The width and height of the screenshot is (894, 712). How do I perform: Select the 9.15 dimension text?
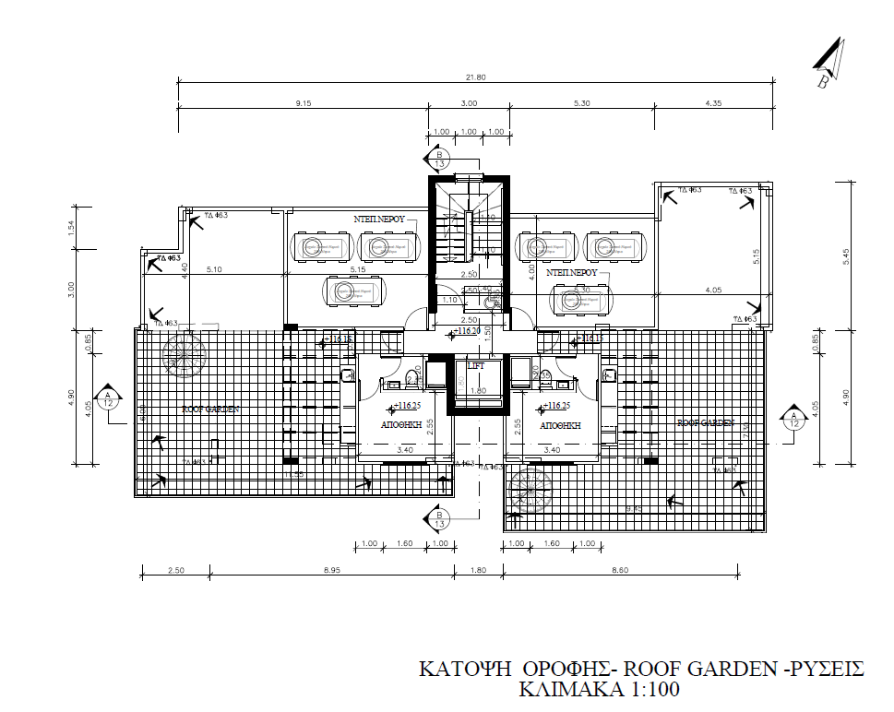click(x=303, y=103)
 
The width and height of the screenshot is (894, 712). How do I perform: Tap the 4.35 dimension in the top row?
click(x=712, y=103)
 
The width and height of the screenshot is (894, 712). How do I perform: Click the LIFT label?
click(x=476, y=367)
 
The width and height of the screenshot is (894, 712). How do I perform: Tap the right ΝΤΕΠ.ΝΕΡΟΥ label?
click(x=572, y=273)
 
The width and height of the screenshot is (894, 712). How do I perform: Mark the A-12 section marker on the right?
click(x=793, y=420)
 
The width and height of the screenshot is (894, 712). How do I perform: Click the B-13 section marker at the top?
click(x=440, y=159)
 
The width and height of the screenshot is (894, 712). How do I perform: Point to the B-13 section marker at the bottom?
click(x=440, y=519)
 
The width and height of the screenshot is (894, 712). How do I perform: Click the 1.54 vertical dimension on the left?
click(x=72, y=226)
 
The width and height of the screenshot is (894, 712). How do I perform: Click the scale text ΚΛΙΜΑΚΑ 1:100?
click(x=600, y=689)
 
